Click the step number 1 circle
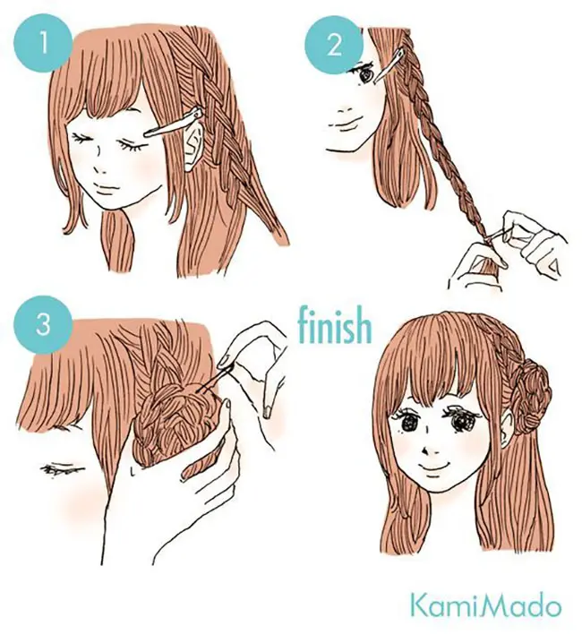(43, 44)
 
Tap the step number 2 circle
(334, 46)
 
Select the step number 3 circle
(43, 326)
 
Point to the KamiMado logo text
(485, 609)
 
